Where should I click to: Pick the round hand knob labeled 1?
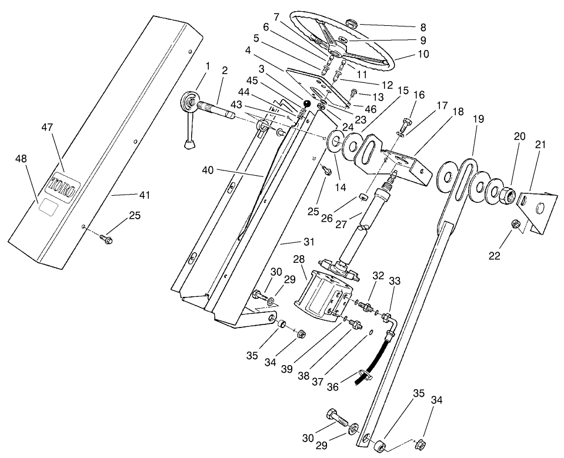(191, 103)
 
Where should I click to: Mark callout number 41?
(143, 195)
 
